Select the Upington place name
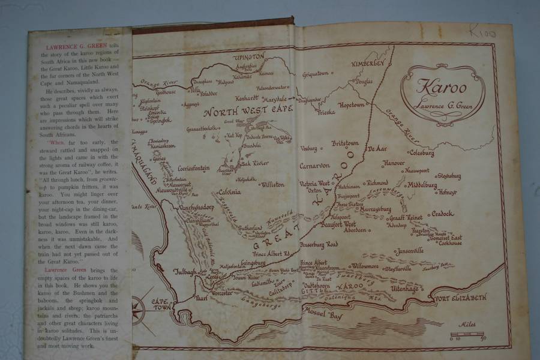[x=248, y=57]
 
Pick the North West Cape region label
[x=247, y=111]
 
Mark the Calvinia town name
[x=229, y=192]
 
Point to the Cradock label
[x=443, y=214]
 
